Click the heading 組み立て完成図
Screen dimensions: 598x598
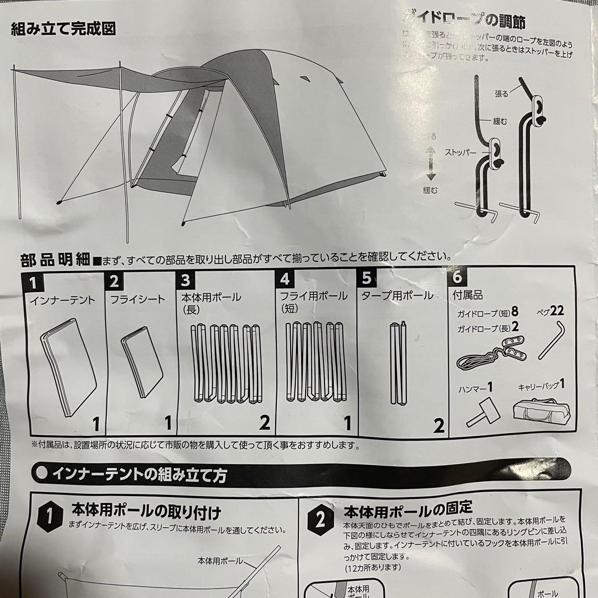(64, 29)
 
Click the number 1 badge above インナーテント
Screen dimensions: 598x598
(34, 283)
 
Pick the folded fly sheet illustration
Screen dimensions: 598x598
(141, 363)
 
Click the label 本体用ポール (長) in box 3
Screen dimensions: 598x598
(211, 302)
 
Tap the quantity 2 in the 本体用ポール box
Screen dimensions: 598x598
(264, 424)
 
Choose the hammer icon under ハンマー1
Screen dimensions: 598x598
(480, 413)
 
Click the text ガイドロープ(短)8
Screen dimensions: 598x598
(487, 313)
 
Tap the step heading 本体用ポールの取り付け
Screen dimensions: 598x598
(146, 511)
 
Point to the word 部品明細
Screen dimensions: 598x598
(54, 259)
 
